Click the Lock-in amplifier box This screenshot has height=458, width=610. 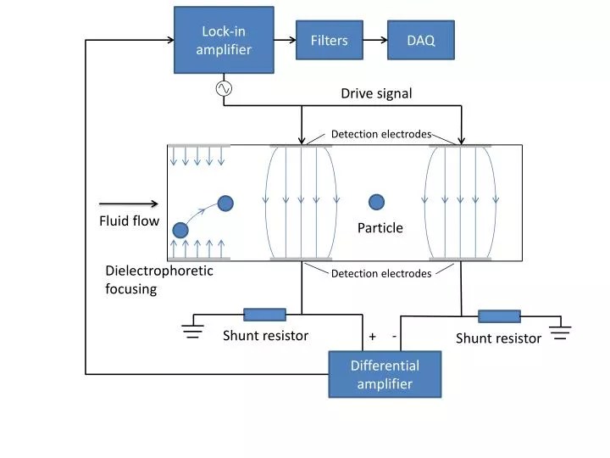pyautogui.click(x=224, y=40)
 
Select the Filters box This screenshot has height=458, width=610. pyautogui.click(x=329, y=40)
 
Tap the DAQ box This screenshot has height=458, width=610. pyautogui.click(x=420, y=40)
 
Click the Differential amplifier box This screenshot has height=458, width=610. pyautogui.click(x=385, y=374)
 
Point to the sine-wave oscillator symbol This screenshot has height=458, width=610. pyautogui.click(x=224, y=88)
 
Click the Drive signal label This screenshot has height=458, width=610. pyautogui.click(x=376, y=93)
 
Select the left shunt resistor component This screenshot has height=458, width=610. pyautogui.click(x=264, y=315)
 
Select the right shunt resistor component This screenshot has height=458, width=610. pyautogui.click(x=499, y=316)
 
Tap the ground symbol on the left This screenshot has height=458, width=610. pyautogui.click(x=194, y=329)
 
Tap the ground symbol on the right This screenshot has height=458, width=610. pyautogui.click(x=561, y=330)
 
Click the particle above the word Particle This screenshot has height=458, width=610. pyautogui.click(x=376, y=202)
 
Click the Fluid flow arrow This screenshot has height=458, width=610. pyautogui.click(x=129, y=204)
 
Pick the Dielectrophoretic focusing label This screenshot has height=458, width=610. pyautogui.click(x=158, y=279)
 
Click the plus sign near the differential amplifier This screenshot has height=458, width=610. pyautogui.click(x=373, y=337)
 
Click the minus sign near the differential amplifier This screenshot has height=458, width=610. pyautogui.click(x=395, y=336)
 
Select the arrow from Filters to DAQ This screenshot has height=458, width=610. pyautogui.click(x=374, y=40)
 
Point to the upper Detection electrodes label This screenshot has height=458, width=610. pyautogui.click(x=380, y=134)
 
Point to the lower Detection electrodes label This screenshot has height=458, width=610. pyautogui.click(x=380, y=273)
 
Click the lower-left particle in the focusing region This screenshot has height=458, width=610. pyautogui.click(x=180, y=230)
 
